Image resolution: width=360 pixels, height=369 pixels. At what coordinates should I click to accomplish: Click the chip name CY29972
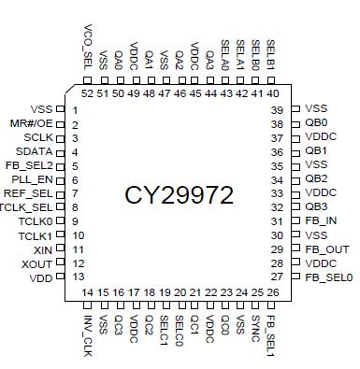point(180,194)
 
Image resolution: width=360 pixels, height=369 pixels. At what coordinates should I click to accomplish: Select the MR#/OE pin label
point(32,124)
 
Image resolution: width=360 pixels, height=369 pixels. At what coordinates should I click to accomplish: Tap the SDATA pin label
point(35,151)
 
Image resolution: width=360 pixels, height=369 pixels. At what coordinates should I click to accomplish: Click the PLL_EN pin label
point(34,179)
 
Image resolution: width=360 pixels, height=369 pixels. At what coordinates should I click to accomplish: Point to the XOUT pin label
point(36,264)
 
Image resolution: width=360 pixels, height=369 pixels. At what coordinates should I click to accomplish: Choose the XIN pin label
point(41,250)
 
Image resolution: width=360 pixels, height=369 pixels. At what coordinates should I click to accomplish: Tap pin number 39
point(277,109)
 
